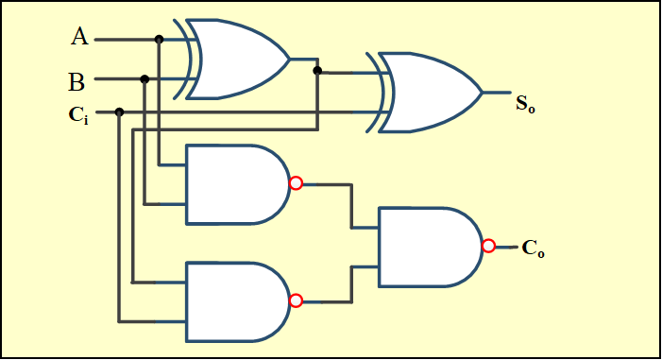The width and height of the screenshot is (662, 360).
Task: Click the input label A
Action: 79,38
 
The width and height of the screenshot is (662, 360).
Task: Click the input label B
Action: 76,81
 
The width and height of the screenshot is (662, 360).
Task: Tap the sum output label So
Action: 525,103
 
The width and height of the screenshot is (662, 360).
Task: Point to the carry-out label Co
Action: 534,250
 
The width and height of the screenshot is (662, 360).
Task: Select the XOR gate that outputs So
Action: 431,93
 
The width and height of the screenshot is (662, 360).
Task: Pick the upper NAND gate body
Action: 236,184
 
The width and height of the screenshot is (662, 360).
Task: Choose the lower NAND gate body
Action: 236,301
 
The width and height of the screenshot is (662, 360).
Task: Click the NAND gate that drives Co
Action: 429,247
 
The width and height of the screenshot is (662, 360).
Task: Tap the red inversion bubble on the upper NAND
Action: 296,183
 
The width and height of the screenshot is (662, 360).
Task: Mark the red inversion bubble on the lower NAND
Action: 296,300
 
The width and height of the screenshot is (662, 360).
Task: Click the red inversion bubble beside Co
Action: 488,246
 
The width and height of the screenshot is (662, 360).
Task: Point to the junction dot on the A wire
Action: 159,40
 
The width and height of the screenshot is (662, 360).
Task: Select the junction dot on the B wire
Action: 144,79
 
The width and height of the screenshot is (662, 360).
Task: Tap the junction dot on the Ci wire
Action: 119,111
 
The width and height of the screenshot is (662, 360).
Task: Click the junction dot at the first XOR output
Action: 317,70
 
